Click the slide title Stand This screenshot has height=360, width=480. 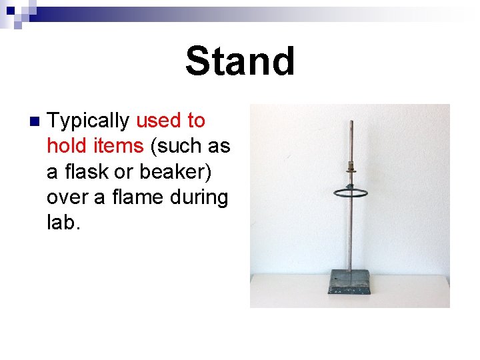(x=240, y=61)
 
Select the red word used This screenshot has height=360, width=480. (x=158, y=121)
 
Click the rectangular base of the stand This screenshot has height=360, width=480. (x=350, y=282)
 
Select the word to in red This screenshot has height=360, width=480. (x=196, y=121)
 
